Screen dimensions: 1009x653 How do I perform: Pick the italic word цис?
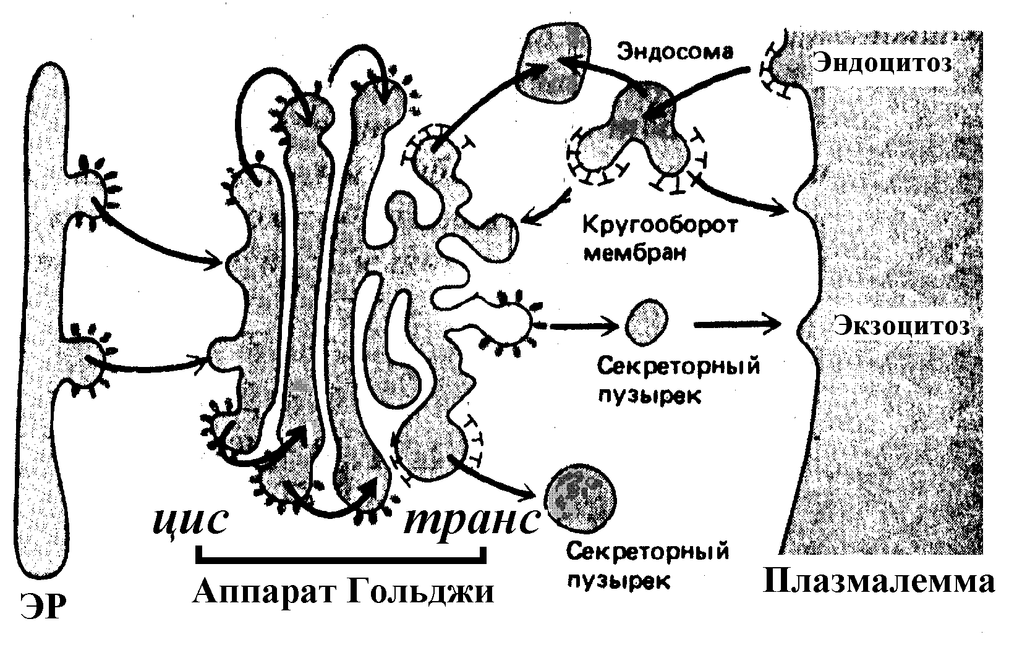coord(188,523)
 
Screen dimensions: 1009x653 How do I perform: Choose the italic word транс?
coord(470,523)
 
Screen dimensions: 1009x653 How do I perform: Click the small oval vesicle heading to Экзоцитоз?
coord(647,322)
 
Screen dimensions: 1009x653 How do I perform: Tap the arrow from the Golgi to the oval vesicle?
coord(581,324)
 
